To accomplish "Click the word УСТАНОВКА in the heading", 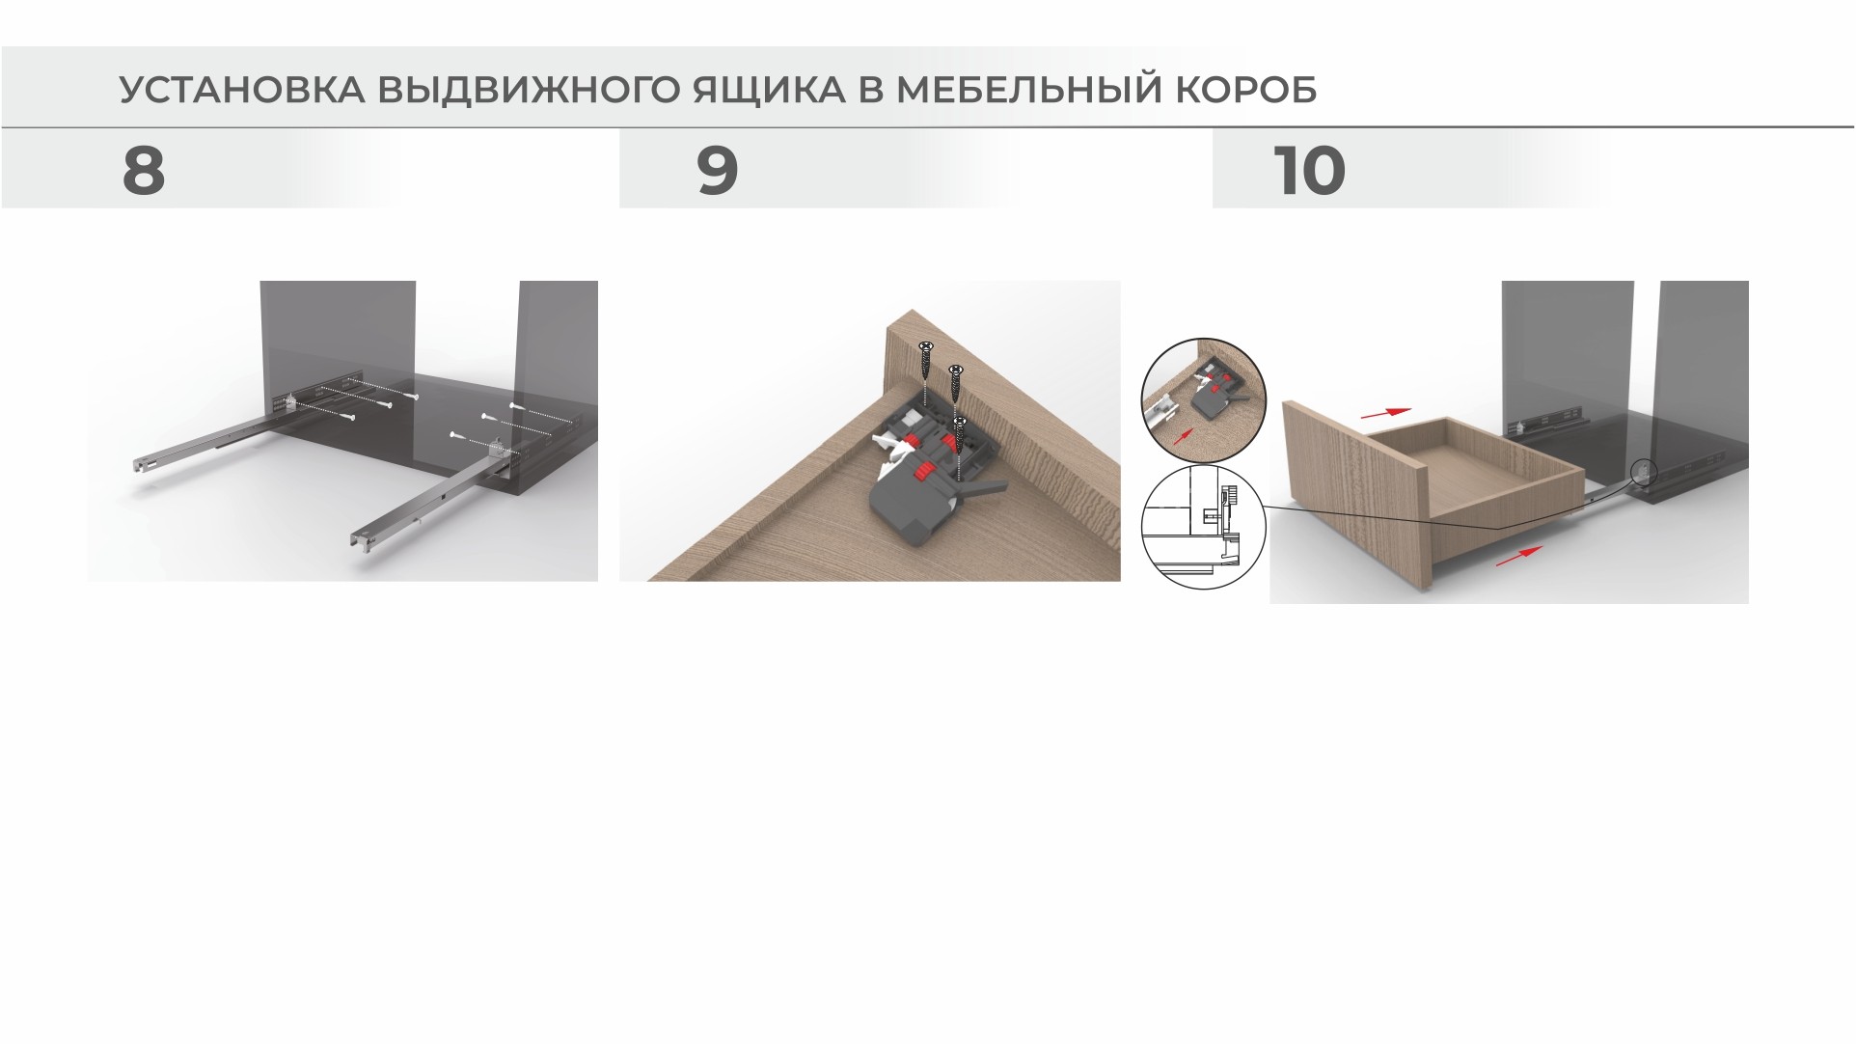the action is [242, 90].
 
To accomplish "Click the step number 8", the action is [144, 171].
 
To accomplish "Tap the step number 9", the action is [717, 171].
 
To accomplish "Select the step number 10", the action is [1309, 171].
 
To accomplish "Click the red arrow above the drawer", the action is [1385, 412].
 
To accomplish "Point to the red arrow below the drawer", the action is [1518, 556].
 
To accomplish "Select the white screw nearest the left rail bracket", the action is [348, 417].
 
